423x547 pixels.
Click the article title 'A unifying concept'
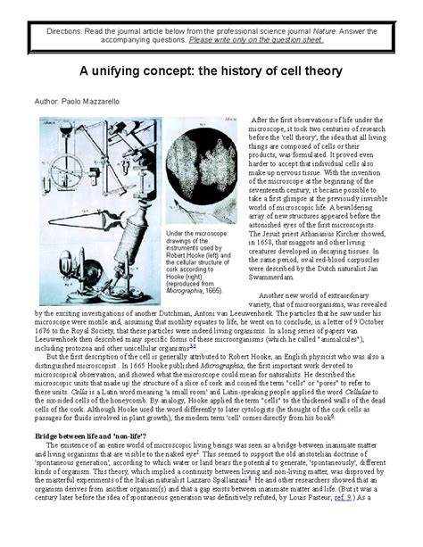pyautogui.click(x=211, y=75)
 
